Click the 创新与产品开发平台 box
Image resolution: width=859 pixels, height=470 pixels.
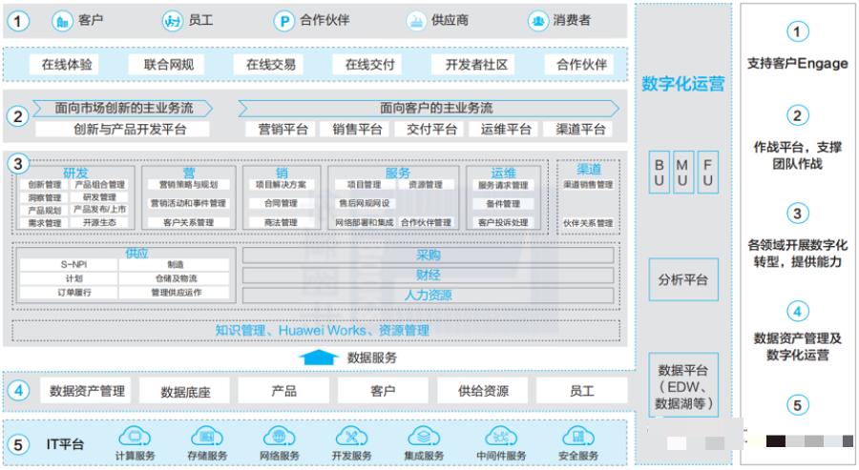tap(130, 129)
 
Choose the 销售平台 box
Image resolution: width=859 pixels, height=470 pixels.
tap(358, 129)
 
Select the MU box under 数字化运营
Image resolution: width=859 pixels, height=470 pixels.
tap(682, 173)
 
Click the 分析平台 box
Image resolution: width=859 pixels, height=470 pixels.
tap(682, 280)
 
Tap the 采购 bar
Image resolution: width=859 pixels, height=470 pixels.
tap(429, 255)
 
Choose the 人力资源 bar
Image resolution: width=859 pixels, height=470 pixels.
tap(429, 295)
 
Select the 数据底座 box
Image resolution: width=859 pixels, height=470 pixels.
tap(185, 391)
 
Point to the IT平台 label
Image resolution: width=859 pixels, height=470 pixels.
tap(66, 444)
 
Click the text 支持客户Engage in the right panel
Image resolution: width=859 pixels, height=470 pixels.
tap(798, 64)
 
